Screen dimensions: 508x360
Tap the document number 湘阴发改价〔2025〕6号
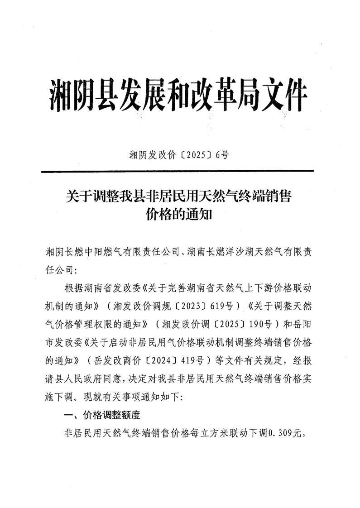point(179,155)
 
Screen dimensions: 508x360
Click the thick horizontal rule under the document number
point(177,171)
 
